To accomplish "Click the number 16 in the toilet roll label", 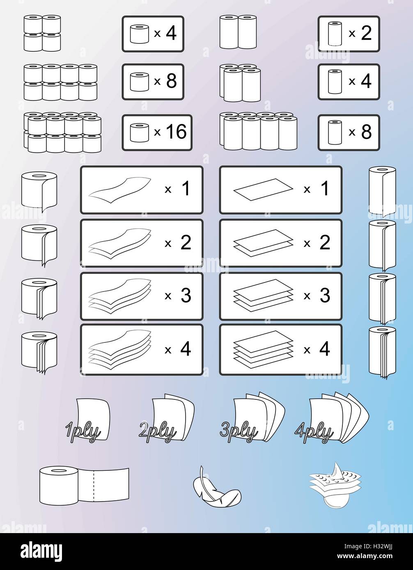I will (176, 132).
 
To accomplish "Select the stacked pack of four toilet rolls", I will (42, 34).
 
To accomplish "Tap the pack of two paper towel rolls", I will (238, 32).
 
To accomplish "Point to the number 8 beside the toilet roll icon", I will (171, 82).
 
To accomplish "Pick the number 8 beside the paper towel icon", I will (366, 132).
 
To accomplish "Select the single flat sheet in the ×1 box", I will (263, 190).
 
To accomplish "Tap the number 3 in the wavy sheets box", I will (186, 296).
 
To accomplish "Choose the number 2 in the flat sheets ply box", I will (324, 243).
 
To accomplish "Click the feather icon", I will (216, 486).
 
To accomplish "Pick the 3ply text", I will (239, 431).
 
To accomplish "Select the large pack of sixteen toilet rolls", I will (62, 132).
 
